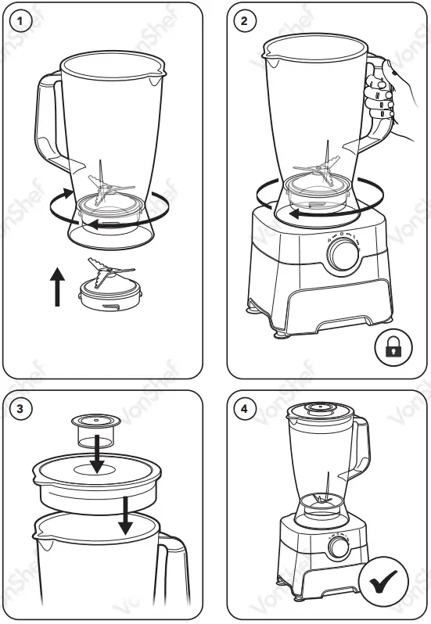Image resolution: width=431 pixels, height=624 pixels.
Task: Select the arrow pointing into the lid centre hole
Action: [x=95, y=455]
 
